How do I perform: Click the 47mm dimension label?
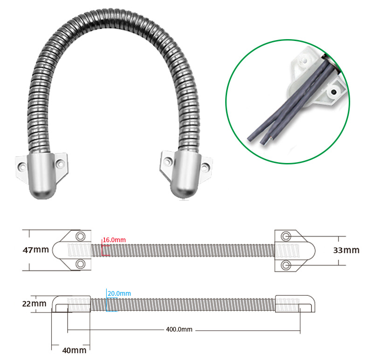click(x=36, y=250)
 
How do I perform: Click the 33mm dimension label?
click(x=346, y=250)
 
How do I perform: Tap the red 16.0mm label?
click(x=115, y=240)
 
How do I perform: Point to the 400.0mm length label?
click(x=179, y=330)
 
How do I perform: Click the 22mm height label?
click(x=35, y=304)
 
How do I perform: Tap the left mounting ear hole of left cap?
click(x=21, y=165)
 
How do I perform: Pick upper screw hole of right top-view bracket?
click(x=286, y=235)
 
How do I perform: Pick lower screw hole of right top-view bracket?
click(x=286, y=265)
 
